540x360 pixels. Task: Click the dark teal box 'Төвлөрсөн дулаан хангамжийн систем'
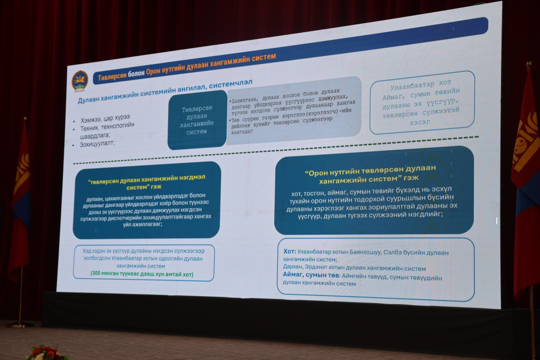click(x=197, y=120)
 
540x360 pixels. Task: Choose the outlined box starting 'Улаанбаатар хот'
click(x=422, y=102)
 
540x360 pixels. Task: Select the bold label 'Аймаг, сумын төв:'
click(x=311, y=276)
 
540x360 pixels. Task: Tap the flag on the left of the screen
click(x=21, y=200)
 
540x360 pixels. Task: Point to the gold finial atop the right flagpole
click(x=528, y=65)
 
